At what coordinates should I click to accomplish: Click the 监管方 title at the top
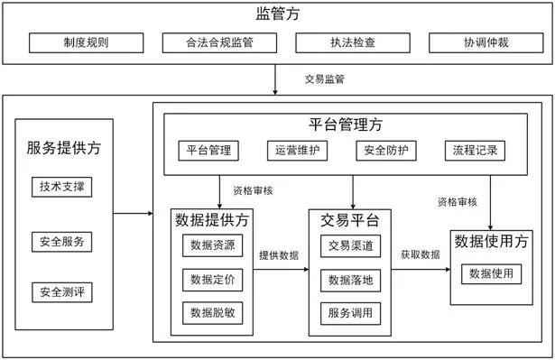[277, 14]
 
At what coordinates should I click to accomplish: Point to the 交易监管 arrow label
[325, 79]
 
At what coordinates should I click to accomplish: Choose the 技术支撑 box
[62, 187]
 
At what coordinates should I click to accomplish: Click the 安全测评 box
[62, 292]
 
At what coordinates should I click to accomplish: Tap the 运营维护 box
[295, 150]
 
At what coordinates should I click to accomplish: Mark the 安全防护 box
[384, 150]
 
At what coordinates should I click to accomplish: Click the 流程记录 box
[470, 150]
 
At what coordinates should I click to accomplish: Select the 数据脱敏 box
[212, 312]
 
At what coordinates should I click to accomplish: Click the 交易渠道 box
[350, 245]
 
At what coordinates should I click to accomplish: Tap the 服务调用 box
[350, 313]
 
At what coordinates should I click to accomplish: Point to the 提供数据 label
[279, 255]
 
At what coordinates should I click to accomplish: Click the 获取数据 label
[420, 255]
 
